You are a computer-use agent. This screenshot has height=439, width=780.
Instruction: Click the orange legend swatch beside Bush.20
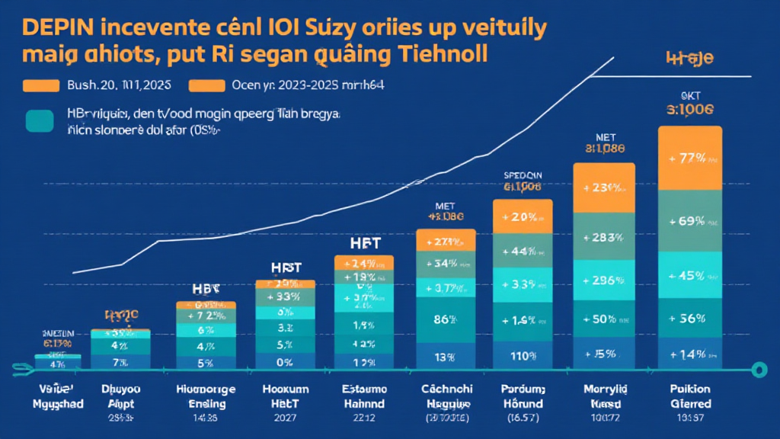(x=41, y=85)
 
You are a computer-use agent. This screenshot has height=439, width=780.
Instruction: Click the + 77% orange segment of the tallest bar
(x=690, y=159)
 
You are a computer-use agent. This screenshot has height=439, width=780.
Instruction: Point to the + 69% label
(x=690, y=221)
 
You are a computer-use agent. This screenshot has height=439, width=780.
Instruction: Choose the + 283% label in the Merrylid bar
(x=603, y=238)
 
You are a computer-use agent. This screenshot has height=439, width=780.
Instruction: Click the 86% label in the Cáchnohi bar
(x=446, y=321)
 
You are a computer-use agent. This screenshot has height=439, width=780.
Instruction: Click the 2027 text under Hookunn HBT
(x=284, y=417)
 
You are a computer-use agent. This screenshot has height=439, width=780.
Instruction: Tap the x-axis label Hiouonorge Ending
(x=206, y=396)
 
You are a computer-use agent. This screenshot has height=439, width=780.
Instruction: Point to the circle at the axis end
(x=757, y=370)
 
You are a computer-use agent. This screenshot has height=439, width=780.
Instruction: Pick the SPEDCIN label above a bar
(x=522, y=175)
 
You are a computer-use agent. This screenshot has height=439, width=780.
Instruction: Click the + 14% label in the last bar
(x=690, y=354)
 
